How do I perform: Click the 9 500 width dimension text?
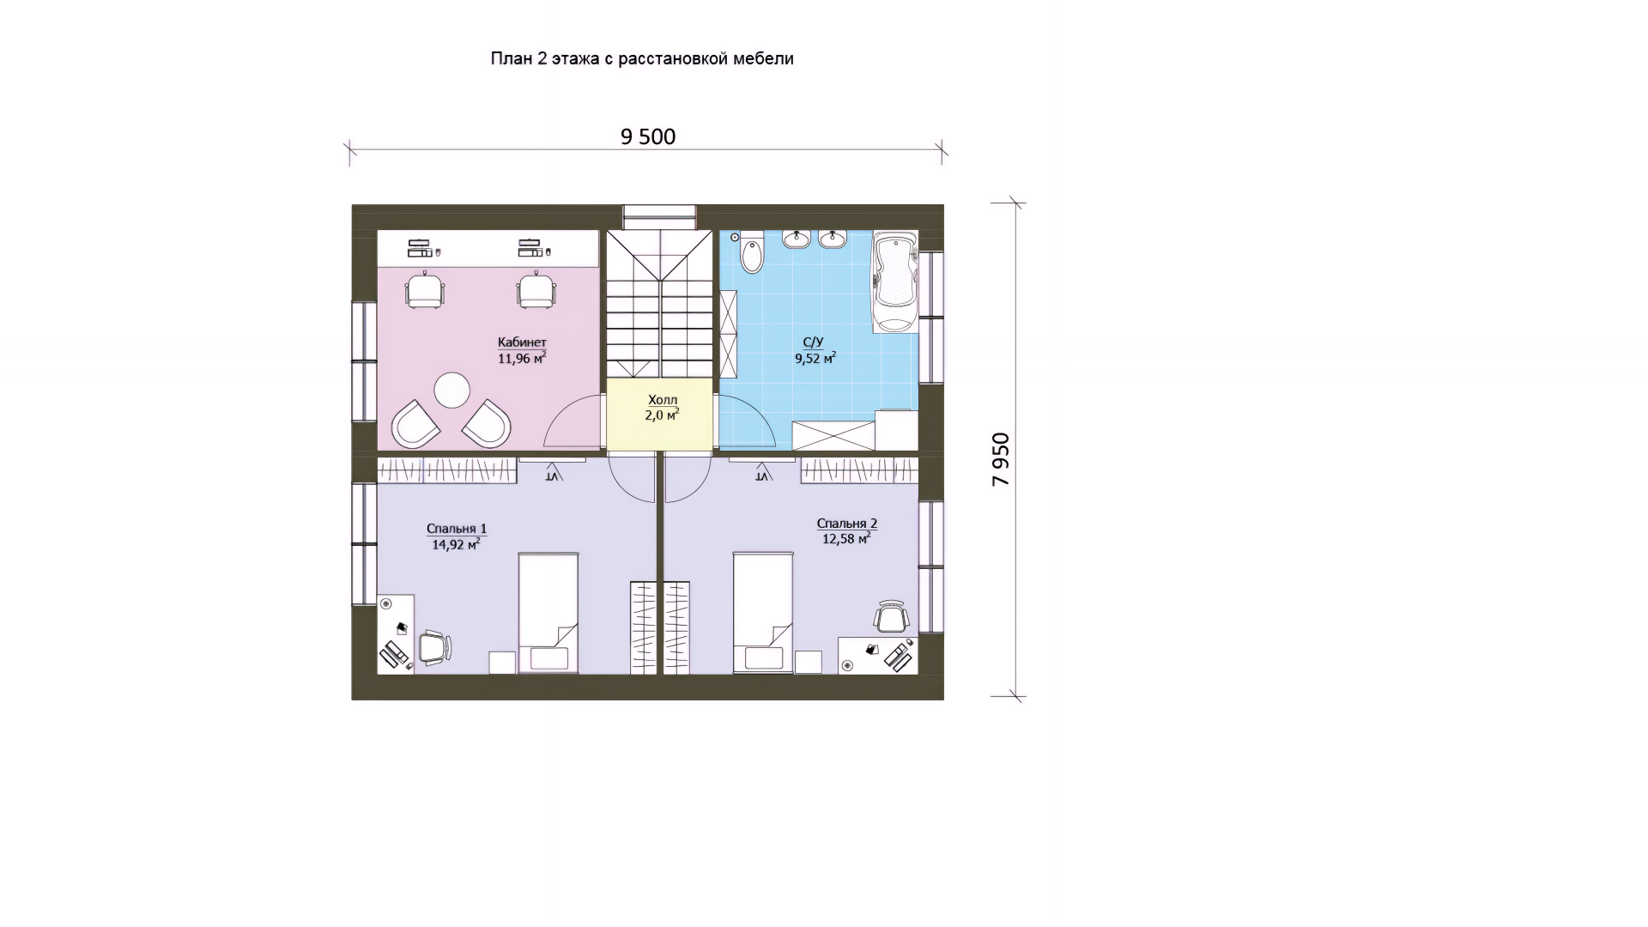(648, 136)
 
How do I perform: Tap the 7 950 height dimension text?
(1001, 459)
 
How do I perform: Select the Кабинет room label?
(522, 342)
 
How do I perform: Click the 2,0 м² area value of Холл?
(662, 415)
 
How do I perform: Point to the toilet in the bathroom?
(751, 251)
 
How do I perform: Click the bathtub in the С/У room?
(895, 282)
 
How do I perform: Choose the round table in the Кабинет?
(451, 391)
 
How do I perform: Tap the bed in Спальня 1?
(548, 613)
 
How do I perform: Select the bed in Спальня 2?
(763, 613)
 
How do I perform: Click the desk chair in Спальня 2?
(892, 616)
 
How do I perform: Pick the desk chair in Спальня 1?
(434, 648)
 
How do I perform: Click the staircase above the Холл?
(660, 304)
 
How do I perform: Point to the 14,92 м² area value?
(456, 543)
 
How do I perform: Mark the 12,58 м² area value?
(846, 538)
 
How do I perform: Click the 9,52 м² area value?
(815, 358)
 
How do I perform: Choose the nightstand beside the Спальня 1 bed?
(502, 663)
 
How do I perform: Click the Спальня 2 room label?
(847, 524)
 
